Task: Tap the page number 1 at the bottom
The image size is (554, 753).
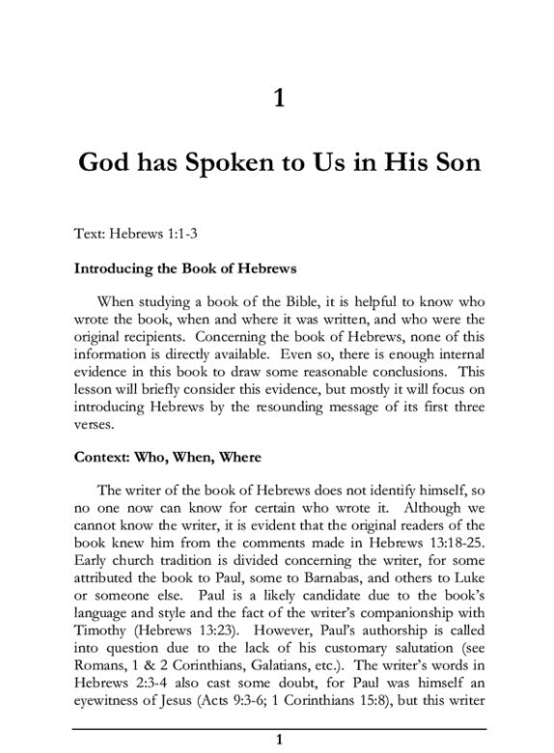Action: pos(278,739)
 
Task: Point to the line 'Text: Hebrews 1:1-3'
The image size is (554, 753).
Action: pos(135,233)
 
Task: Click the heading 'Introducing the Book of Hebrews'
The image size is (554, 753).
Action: pos(184,266)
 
